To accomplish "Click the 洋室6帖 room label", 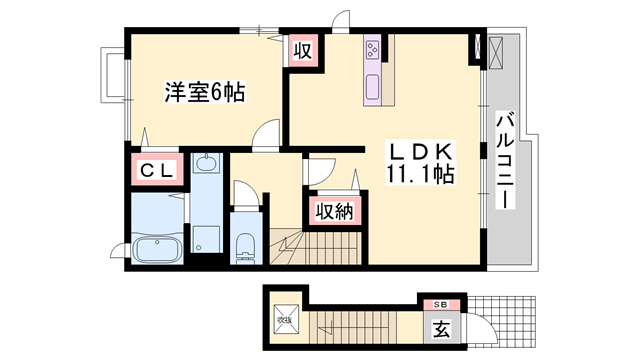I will (x=205, y=93).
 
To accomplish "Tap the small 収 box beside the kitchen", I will (x=300, y=50).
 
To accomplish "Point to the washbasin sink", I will (x=206, y=163).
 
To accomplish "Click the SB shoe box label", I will (x=441, y=303).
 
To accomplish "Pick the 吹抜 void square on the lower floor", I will (x=284, y=321).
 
